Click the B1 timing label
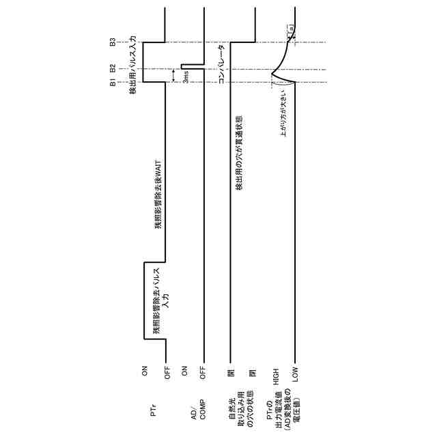point(113,83)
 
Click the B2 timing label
point(113,68)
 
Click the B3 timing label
point(113,42)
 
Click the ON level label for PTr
point(145,371)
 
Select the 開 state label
point(231,373)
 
